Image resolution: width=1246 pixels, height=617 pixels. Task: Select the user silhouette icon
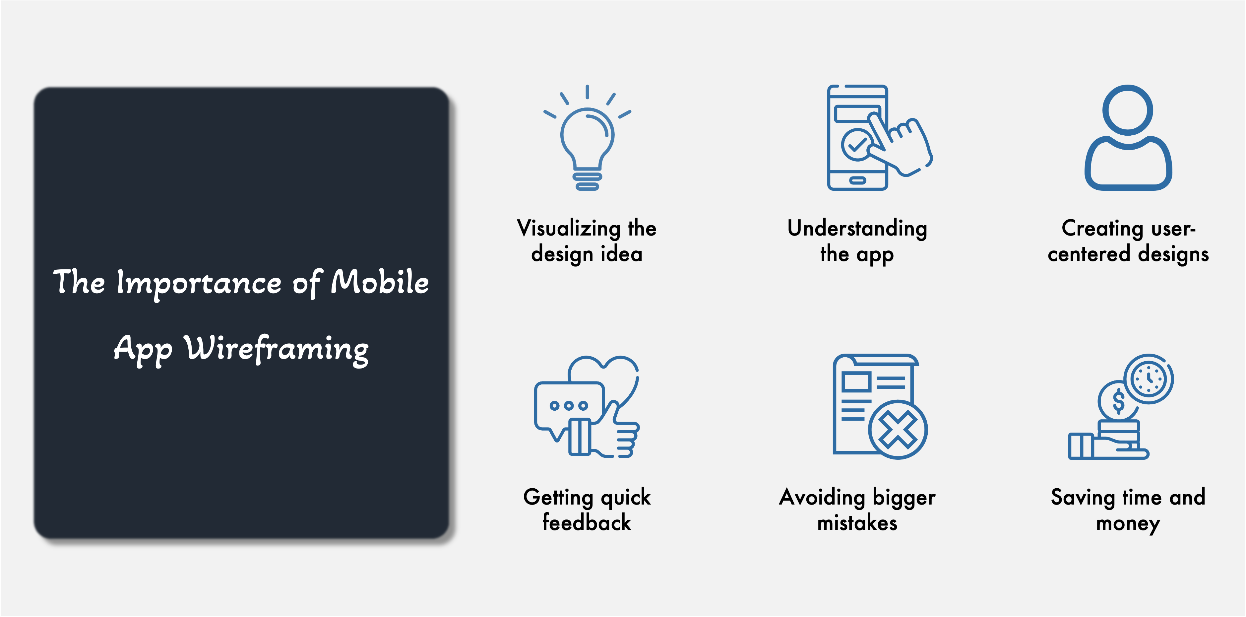click(x=1128, y=138)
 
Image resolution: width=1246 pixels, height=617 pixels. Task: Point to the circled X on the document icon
click(x=898, y=430)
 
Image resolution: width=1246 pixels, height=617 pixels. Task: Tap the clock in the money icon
click(x=1149, y=378)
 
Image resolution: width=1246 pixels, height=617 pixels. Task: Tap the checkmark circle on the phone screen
click(x=857, y=144)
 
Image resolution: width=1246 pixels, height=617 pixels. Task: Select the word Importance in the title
click(x=199, y=284)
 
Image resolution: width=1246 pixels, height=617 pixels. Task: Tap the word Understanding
click(x=857, y=229)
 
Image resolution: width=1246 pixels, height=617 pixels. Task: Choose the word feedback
click(x=587, y=523)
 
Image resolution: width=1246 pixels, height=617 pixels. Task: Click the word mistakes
click(x=857, y=523)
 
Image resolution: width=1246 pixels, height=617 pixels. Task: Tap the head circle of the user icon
click(x=1128, y=110)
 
